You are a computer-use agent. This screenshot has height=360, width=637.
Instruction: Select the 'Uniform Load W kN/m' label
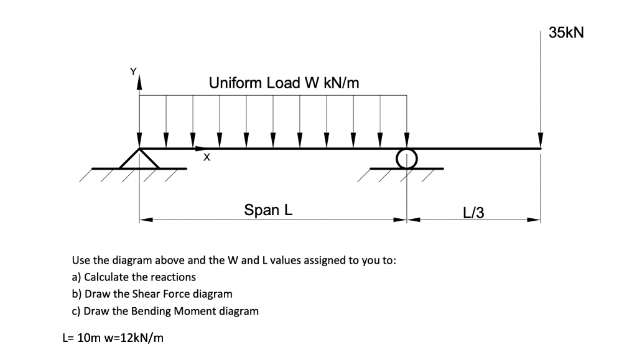pyautogui.click(x=284, y=83)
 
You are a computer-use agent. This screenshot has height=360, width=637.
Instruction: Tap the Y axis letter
pyautogui.click(x=132, y=71)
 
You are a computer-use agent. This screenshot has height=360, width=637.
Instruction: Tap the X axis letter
pyautogui.click(x=207, y=159)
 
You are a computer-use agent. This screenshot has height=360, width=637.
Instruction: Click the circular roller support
pyautogui.click(x=407, y=158)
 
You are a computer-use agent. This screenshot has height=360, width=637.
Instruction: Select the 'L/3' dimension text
pyautogui.click(x=474, y=213)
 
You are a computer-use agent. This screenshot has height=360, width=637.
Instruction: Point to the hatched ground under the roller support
pyautogui.click(x=398, y=175)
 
